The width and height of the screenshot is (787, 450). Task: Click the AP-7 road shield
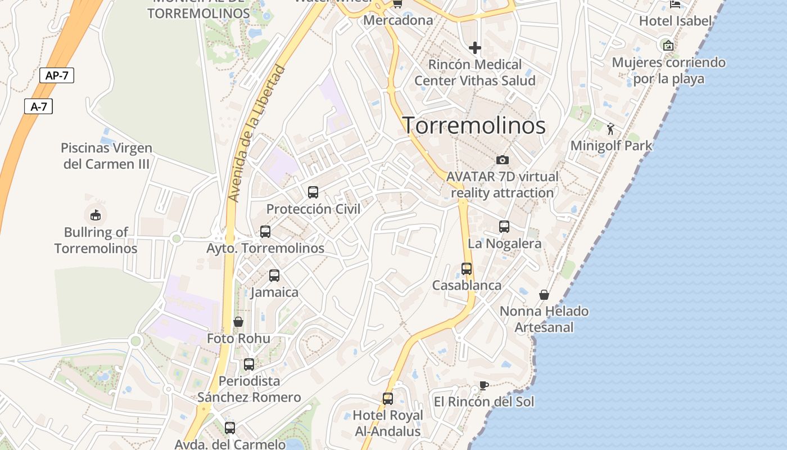tap(57, 75)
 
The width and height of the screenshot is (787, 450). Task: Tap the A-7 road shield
tap(38, 106)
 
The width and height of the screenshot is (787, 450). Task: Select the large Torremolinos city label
tap(474, 125)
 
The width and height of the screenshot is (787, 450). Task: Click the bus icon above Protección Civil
tap(313, 192)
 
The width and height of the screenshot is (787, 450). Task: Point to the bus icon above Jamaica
tap(274, 276)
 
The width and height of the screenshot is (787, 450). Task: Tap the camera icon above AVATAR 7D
tap(503, 160)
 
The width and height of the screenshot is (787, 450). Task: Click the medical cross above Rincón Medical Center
tap(475, 48)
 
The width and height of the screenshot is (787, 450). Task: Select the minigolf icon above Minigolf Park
tap(611, 129)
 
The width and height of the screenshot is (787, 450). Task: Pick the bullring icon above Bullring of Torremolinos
tap(96, 215)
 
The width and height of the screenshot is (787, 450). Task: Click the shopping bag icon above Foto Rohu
tap(238, 322)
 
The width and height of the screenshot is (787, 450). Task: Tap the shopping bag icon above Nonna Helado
tap(544, 295)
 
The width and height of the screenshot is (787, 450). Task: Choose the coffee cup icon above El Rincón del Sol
tap(483, 385)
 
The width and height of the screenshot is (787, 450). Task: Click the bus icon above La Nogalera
tap(504, 227)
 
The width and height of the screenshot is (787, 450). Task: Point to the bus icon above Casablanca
tap(467, 269)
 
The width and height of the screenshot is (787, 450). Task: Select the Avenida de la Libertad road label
tap(257, 134)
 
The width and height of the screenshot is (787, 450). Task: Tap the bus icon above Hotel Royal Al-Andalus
tap(388, 399)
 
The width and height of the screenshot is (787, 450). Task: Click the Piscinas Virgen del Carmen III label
tap(106, 156)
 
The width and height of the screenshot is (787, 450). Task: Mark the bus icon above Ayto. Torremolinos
tap(265, 231)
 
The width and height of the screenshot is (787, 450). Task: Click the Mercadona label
tap(399, 20)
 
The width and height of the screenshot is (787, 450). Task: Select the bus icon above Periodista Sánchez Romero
tap(249, 364)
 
